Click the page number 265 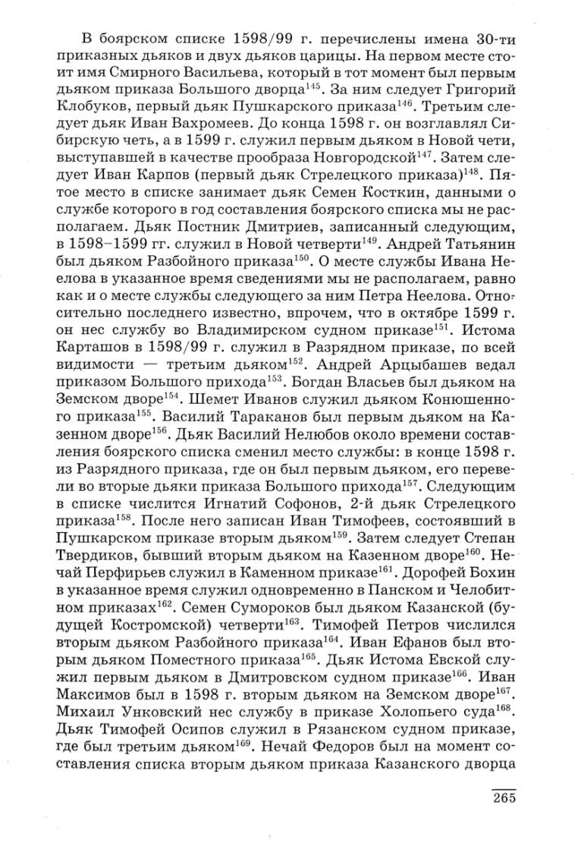(504, 798)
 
